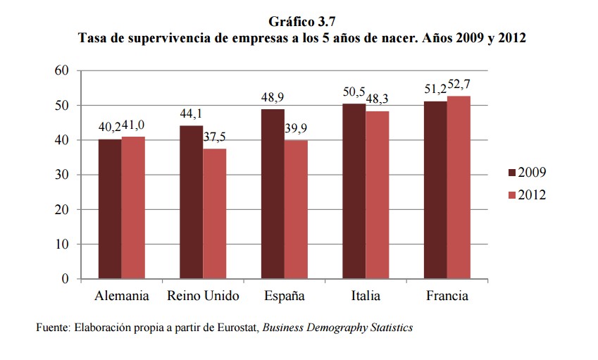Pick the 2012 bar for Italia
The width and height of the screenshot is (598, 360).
(377, 195)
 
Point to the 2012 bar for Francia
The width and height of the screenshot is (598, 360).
(458, 187)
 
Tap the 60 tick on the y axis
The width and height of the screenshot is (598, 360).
(61, 70)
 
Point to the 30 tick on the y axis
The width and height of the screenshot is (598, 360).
(61, 175)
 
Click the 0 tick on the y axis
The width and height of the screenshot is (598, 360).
(65, 279)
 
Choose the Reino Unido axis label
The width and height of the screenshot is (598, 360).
(203, 296)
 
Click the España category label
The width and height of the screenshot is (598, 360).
(284, 296)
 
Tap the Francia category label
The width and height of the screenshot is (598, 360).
(447, 296)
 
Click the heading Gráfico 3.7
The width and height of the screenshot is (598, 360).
(301, 23)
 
